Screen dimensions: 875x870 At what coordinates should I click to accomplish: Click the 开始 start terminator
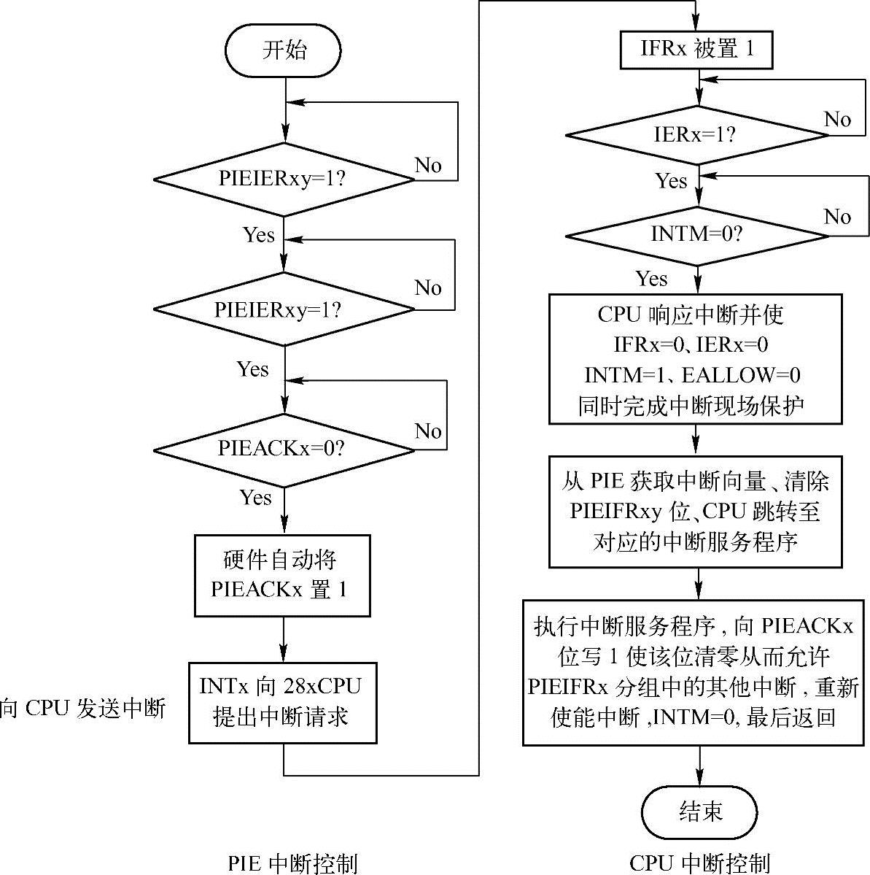point(284,51)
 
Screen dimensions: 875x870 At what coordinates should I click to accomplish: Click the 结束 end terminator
point(700,812)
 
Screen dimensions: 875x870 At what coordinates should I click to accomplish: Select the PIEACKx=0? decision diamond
point(284,448)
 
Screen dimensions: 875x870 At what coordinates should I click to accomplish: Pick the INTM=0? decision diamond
point(697,235)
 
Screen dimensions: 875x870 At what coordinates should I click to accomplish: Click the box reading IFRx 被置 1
point(696,49)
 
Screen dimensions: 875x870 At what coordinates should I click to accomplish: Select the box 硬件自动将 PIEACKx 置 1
point(282,575)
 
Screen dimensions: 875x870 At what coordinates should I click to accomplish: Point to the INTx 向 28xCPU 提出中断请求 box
point(282,702)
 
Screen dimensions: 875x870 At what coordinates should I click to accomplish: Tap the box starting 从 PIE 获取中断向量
point(696,512)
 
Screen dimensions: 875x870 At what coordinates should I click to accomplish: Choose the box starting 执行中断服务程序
point(696,671)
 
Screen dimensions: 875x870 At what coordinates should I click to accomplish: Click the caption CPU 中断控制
point(699,863)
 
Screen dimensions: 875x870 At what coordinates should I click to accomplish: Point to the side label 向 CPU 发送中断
point(83,709)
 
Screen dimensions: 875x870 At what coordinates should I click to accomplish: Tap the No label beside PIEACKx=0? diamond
point(429,431)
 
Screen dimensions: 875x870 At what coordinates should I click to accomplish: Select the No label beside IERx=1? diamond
point(837,119)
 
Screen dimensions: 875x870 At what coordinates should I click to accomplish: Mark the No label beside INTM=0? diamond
point(837,217)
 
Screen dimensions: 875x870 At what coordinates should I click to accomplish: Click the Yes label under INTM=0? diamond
point(651,279)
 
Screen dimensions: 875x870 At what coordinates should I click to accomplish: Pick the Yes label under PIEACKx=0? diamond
point(256,498)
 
